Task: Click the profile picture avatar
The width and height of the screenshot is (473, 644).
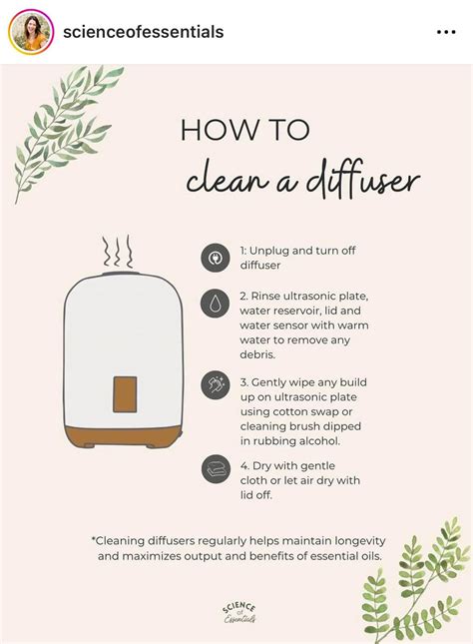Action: coord(31,32)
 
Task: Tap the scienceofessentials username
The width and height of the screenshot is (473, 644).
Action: coord(143,32)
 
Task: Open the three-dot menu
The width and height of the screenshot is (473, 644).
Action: coord(446,32)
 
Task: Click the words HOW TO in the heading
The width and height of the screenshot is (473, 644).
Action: coord(245,131)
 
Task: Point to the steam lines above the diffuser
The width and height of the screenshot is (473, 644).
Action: coord(118,250)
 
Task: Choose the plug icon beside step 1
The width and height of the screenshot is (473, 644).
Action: coord(215,258)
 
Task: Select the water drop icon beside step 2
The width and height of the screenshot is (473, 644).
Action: coord(215,304)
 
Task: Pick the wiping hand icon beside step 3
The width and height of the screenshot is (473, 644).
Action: coord(215,385)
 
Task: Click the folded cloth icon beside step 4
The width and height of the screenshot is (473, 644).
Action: coord(215,468)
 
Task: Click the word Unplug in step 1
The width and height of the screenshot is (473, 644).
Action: coord(279,252)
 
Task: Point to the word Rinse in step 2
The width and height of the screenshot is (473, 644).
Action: coord(272,297)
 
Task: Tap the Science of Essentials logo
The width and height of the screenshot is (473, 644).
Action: coord(238,612)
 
